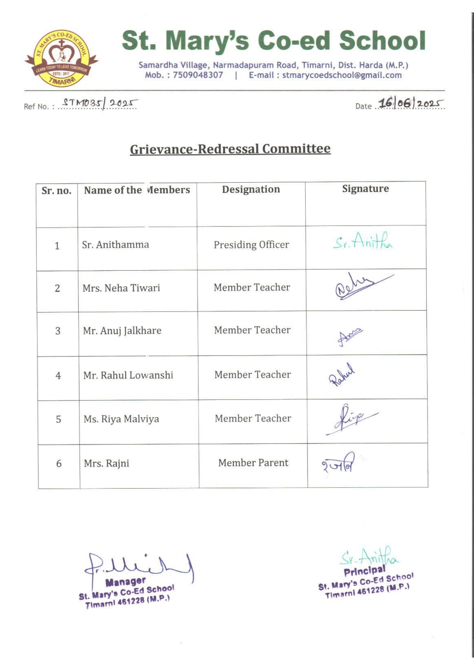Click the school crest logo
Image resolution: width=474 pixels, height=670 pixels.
(x=61, y=58)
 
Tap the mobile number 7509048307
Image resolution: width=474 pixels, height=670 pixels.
(x=198, y=75)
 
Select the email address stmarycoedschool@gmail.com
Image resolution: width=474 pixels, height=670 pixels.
(x=342, y=75)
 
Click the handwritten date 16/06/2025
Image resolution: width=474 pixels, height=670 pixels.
(x=410, y=104)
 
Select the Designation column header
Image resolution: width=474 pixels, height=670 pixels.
(x=251, y=189)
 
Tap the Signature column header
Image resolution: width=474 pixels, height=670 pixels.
(x=365, y=188)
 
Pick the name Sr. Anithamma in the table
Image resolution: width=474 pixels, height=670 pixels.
(x=115, y=245)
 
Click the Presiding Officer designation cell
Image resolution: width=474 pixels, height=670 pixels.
(x=251, y=245)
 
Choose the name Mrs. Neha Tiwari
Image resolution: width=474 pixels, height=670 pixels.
(x=121, y=288)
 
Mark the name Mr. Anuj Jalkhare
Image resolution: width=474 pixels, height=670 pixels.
(x=122, y=331)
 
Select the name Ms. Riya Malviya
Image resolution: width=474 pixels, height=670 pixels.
(x=121, y=419)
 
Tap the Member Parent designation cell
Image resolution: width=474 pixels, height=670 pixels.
(x=253, y=463)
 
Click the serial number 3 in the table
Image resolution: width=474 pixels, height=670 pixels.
(x=58, y=331)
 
